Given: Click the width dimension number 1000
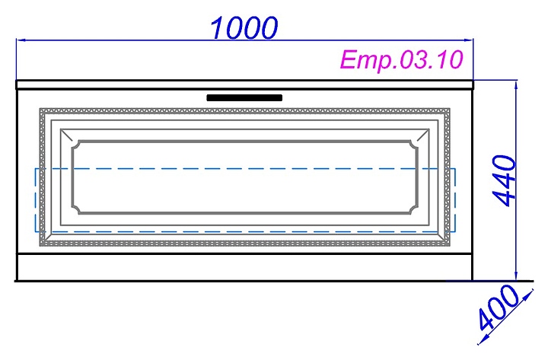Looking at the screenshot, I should coord(244,27).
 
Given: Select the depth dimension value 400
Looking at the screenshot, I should coord(495,314).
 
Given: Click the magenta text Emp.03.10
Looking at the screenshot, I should coord(401,60).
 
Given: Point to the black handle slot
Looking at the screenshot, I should coord(244,97).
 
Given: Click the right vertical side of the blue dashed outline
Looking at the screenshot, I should coord(455,199).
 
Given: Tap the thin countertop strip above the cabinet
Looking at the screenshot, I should coord(244,84).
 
